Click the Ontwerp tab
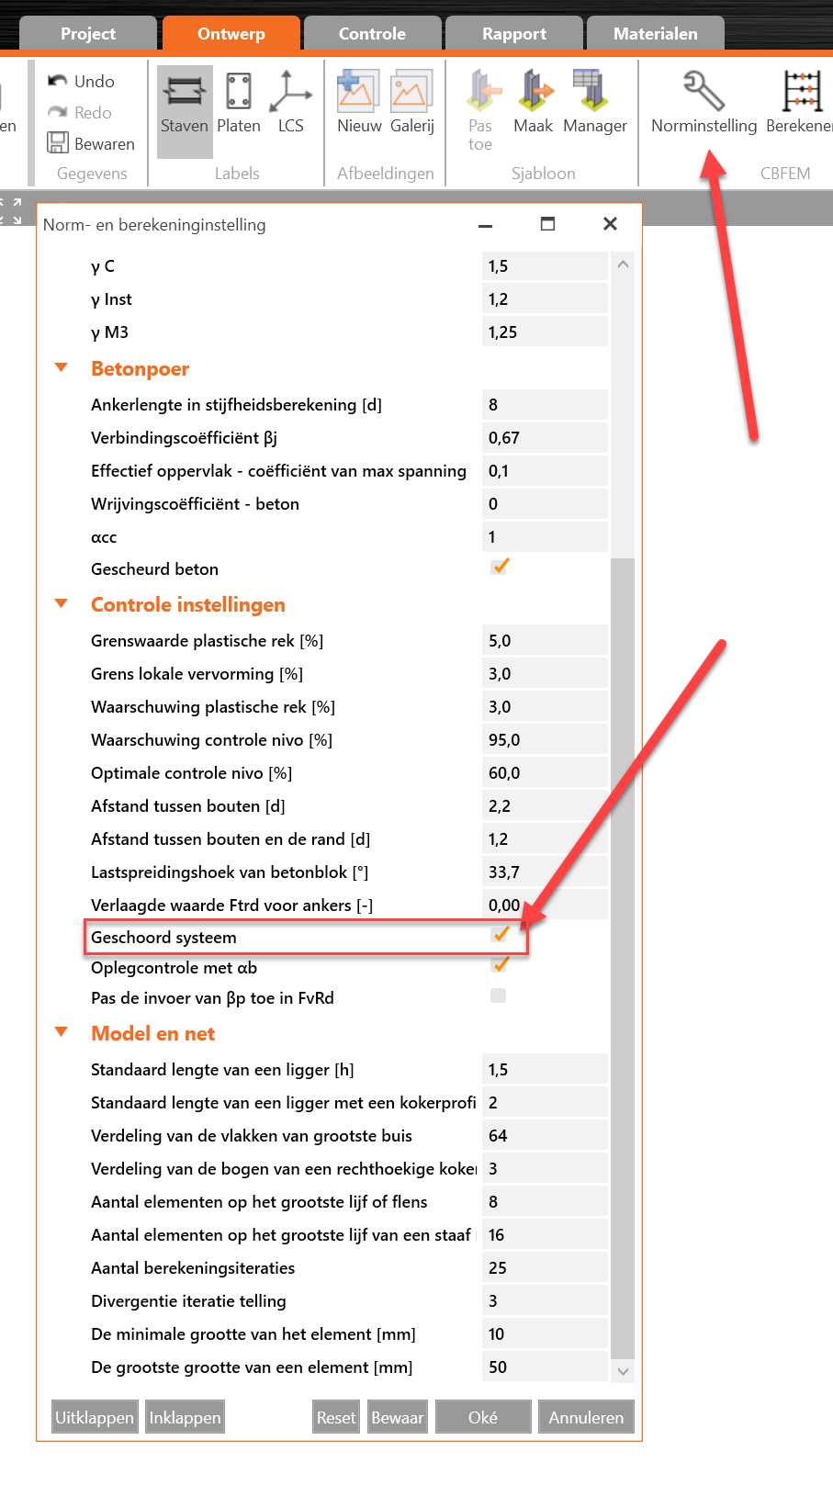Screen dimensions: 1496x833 [x=231, y=34]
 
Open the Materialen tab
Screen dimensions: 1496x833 [x=655, y=34]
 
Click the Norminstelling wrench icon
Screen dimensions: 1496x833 [x=704, y=92]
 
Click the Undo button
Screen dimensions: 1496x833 [x=82, y=82]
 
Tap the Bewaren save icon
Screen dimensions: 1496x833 [x=59, y=143]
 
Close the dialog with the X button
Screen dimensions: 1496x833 [x=610, y=224]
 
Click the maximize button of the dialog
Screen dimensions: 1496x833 [x=547, y=224]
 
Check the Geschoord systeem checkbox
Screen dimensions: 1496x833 [x=500, y=936]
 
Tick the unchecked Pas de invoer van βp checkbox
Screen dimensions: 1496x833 [x=499, y=996]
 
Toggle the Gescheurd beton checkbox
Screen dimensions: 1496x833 [x=500, y=568]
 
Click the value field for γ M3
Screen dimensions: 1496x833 [x=544, y=332]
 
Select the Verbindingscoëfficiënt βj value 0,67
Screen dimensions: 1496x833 [x=544, y=438]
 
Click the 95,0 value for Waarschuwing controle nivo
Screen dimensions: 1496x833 [x=544, y=740]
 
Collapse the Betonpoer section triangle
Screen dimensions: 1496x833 [x=62, y=368]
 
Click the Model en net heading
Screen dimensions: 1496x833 [x=152, y=1034]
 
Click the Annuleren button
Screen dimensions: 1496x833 [x=586, y=1418]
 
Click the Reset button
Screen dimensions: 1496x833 [x=336, y=1418]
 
